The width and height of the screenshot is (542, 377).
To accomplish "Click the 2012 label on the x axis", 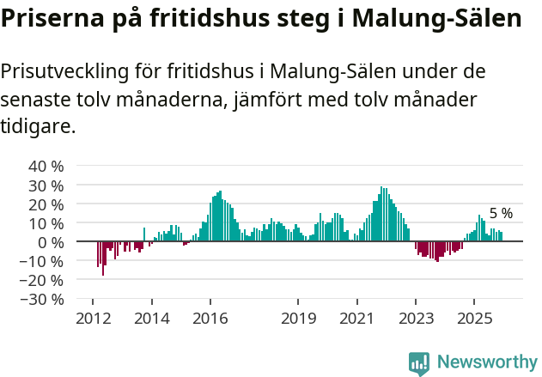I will click(93, 319).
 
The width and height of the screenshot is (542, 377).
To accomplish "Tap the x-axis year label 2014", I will click(151, 319).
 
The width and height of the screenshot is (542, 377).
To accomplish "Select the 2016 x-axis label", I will click(210, 319).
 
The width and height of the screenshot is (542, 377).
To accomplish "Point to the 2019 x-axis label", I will click(298, 319).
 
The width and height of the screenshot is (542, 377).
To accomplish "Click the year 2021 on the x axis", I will click(356, 319).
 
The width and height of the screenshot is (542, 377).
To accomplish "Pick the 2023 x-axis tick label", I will click(416, 319).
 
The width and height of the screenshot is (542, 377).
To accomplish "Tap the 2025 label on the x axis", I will click(474, 319).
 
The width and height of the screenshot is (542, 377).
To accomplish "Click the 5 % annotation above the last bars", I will click(501, 213).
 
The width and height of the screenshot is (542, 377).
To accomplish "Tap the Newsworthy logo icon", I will click(419, 363).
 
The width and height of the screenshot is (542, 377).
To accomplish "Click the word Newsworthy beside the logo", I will click(487, 362).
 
